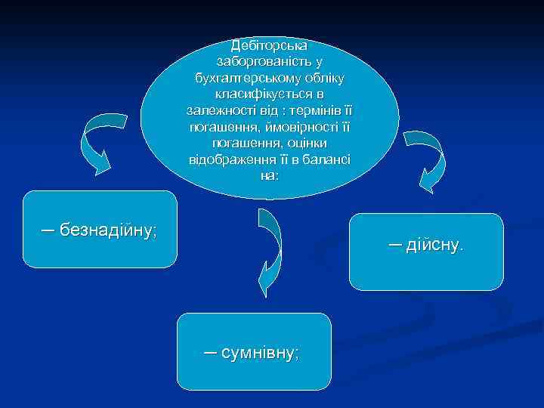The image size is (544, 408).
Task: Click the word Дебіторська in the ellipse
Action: (270, 45)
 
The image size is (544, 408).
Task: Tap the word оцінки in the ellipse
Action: (307, 143)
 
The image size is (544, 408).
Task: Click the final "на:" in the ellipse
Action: (270, 175)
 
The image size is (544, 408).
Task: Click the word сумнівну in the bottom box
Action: (261, 352)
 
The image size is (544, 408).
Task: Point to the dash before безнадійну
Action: (48, 229)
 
